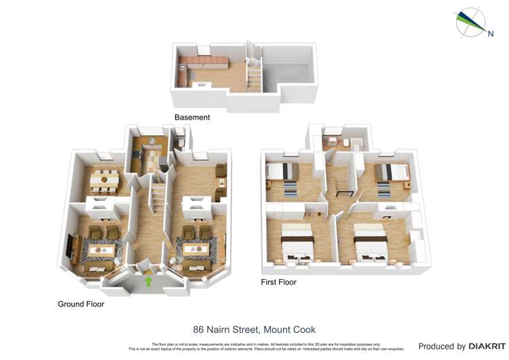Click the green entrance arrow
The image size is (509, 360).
149,281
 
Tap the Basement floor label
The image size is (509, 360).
192,118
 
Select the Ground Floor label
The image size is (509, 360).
81,304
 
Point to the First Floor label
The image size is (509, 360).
279,282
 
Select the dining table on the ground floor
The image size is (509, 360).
105,179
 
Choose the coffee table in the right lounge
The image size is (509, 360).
197,250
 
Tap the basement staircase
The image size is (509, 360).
253,76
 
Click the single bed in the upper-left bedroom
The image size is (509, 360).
282,170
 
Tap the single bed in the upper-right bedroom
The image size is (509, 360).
390,170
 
